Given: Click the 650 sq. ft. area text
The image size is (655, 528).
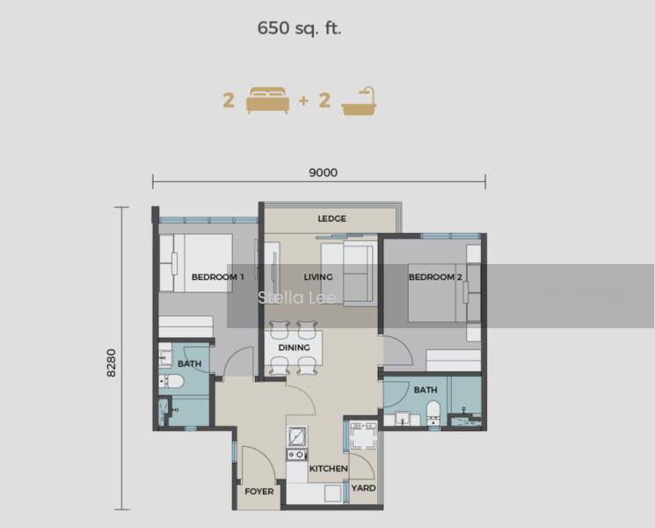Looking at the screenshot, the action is pos(300,28).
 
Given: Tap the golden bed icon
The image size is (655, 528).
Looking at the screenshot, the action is pos(268,100).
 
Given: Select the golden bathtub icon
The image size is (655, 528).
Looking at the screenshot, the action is pos(359,100).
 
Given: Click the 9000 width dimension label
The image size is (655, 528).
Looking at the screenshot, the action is pos(323,172).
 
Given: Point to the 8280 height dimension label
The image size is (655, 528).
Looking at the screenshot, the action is pos(112,363).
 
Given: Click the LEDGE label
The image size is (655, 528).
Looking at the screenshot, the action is pos(331,218).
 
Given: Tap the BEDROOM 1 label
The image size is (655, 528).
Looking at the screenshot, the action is pos(218,276).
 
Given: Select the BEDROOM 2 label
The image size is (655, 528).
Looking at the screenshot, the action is pos(435,276).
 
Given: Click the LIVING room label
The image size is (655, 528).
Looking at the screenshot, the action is pos(318,276).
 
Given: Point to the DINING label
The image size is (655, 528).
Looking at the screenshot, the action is pos(294,348).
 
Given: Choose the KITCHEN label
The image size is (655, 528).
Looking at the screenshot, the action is pos(328,469).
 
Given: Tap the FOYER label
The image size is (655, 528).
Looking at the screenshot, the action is pos(259,492).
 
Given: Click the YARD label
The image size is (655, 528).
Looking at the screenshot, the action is pos(363,488).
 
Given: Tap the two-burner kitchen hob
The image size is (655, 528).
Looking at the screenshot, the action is pos(297,454).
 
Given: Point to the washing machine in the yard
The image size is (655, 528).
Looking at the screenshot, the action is pos(364,436).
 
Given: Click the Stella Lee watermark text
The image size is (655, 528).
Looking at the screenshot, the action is pos(297,297).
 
